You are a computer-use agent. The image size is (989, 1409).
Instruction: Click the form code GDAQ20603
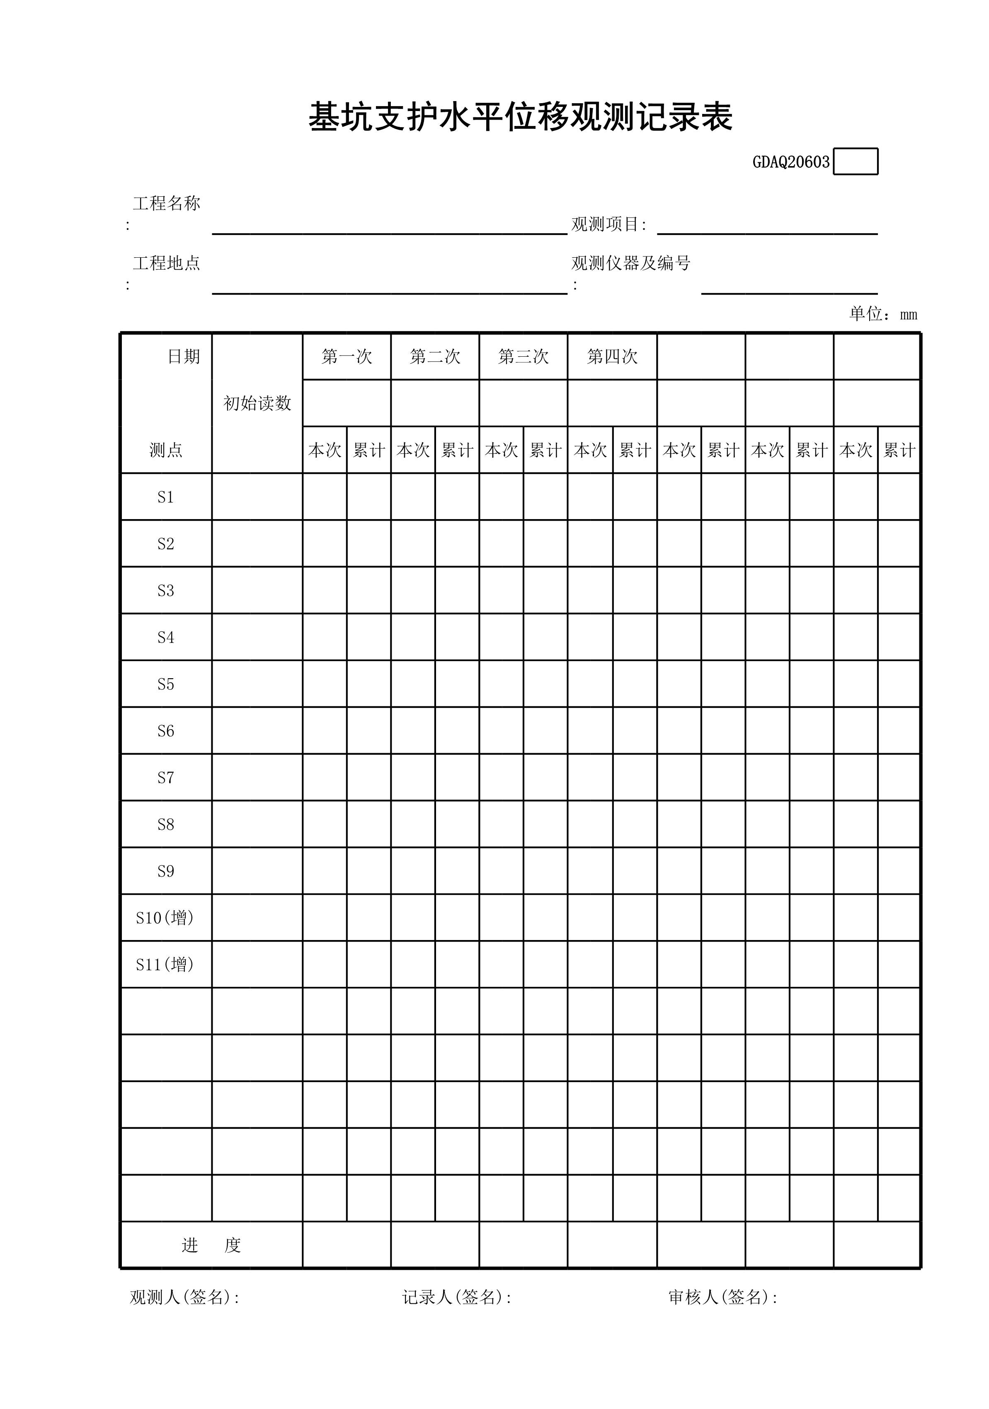(791, 162)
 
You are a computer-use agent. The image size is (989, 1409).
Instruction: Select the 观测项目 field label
(608, 225)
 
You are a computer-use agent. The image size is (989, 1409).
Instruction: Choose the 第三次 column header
(523, 357)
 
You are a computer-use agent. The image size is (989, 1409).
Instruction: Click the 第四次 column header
(612, 357)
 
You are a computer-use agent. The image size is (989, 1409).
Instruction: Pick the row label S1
(166, 497)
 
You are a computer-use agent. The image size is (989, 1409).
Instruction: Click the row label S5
(166, 684)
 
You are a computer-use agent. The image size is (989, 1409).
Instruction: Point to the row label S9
(166, 871)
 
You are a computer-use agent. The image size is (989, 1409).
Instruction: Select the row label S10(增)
(165, 918)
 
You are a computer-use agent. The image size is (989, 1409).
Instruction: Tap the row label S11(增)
(165, 965)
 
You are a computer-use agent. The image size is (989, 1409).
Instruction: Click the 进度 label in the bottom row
(211, 1245)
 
